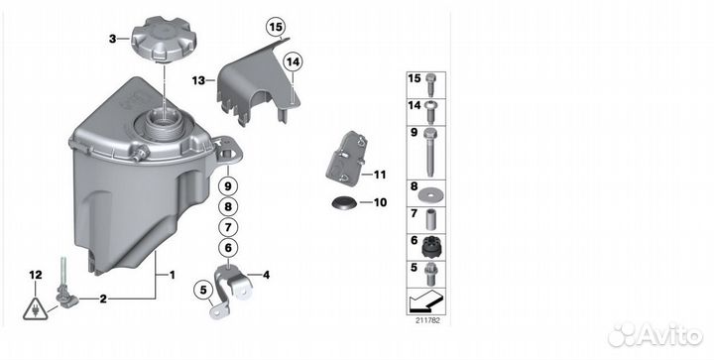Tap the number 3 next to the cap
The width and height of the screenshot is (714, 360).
tap(112, 39)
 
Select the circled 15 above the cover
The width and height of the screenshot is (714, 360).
tap(276, 27)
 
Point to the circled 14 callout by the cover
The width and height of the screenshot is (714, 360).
tap(294, 62)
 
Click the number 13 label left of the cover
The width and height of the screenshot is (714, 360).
tap(198, 81)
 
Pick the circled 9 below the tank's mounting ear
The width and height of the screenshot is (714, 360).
tap(228, 185)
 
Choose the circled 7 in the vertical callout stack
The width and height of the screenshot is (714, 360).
tap(228, 227)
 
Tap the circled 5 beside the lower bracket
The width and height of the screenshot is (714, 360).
tap(203, 290)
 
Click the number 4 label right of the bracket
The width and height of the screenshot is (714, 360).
tap(266, 275)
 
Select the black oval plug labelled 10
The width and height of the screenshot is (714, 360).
tap(343, 203)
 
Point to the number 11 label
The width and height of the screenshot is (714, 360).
tap(380, 175)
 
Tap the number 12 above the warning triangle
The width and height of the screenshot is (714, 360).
tap(36, 275)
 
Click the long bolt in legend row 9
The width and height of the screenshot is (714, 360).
tap(429, 153)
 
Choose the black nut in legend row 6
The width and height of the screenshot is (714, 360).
tap(429, 247)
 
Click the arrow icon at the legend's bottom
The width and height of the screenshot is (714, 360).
tap(425, 301)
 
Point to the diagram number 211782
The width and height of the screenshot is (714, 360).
tap(427, 320)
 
